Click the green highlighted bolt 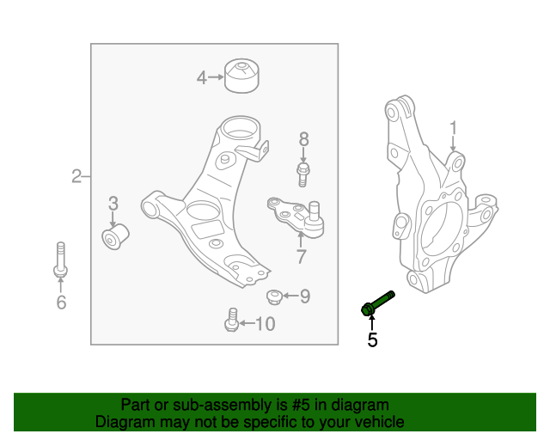pos(377,303)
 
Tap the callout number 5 pos(372,340)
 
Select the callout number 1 pos(454,128)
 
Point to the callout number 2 pos(76,176)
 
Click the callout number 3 pos(113,204)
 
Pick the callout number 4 pos(202,77)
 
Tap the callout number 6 pos(61,302)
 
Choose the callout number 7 pos(302,256)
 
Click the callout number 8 pos(303,139)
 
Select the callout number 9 pos(305,296)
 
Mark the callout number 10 pos(266,324)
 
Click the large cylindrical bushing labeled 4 pos(241,76)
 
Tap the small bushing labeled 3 pos(115,237)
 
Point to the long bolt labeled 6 pos(61,260)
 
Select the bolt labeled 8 pos(303,174)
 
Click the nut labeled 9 pos(274,296)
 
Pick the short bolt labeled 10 pos(232,320)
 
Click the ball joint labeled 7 pos(296,217)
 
